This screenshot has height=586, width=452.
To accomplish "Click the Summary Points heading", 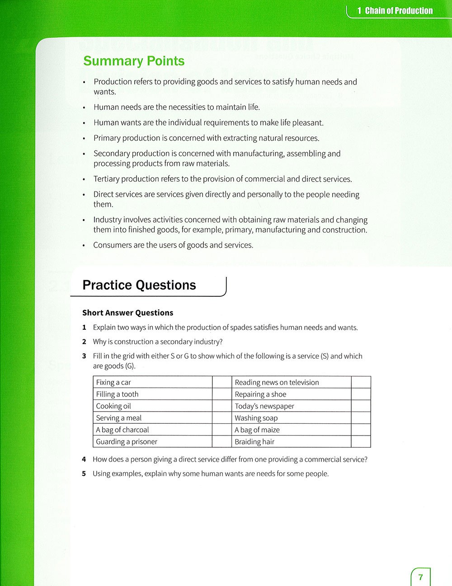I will click(x=134, y=61).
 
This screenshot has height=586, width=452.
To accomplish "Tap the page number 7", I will click(x=421, y=577).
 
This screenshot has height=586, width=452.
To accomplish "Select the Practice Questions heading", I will click(x=139, y=285).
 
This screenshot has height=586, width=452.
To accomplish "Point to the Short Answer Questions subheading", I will click(x=128, y=313).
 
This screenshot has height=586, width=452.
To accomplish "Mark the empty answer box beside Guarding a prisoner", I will click(x=222, y=441).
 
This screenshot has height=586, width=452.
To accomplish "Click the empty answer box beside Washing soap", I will click(x=361, y=418).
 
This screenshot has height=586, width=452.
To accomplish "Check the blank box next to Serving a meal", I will click(x=222, y=418).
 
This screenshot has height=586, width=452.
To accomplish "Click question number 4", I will click(x=84, y=459).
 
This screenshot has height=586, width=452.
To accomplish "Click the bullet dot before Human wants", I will click(x=84, y=123).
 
